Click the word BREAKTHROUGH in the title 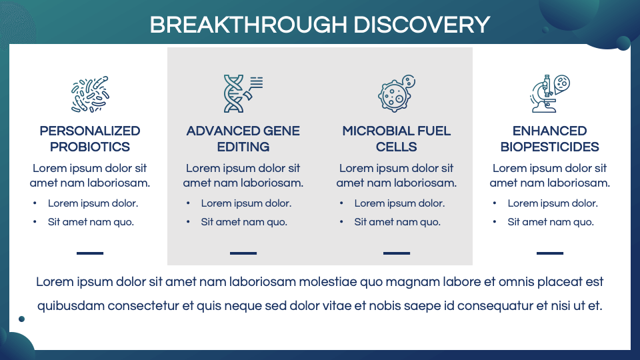point(248,25)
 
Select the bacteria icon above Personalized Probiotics point(90,94)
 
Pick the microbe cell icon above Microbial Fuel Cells point(396,93)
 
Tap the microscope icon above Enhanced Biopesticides point(549,93)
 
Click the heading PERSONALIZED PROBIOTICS point(90,139)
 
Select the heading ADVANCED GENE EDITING point(243,139)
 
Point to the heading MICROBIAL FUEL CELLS point(397,139)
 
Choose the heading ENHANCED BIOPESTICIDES point(550,139)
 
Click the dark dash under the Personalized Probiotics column point(90,253)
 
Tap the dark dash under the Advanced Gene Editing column point(243,253)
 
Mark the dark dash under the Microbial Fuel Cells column point(397,253)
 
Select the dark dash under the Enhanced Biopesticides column point(550,253)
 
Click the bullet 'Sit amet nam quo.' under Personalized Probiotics point(91,222)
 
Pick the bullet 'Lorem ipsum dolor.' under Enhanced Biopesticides point(553,203)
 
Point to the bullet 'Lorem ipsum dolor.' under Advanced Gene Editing point(246,203)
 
